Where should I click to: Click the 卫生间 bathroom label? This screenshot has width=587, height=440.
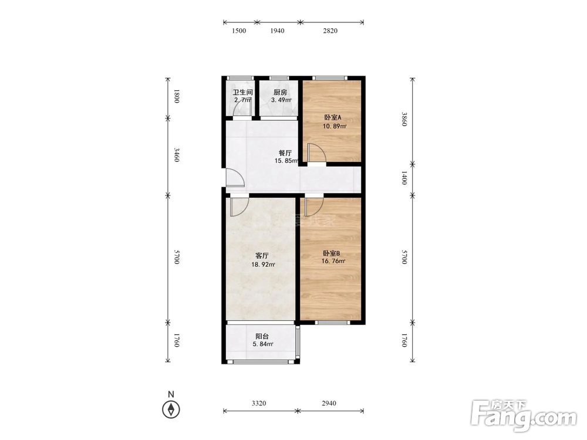[242, 92]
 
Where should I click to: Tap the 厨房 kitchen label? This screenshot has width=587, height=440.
[280, 92]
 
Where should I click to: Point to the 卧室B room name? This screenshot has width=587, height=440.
[331, 253]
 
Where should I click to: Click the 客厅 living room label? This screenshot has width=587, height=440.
[262, 256]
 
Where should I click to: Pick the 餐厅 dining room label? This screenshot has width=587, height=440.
[285, 153]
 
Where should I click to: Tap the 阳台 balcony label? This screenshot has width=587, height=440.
[262, 336]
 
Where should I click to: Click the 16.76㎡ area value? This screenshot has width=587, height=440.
[333, 261]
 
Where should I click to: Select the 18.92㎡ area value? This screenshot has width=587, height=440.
[263, 265]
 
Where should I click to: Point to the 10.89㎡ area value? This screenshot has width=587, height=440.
[335, 126]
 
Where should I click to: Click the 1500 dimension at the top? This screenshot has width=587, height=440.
[239, 31]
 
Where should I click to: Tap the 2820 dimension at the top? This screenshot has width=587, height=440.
[330, 31]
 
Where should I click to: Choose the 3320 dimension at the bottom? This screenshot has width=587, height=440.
[259, 403]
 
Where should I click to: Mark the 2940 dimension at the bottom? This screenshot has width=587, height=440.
[329, 403]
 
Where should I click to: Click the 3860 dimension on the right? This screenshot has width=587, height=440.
[404, 119]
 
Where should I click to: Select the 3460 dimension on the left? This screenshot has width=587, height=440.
[177, 154]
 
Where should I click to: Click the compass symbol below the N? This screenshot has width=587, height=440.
[171, 409]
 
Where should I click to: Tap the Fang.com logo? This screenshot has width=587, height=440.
[524, 415]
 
